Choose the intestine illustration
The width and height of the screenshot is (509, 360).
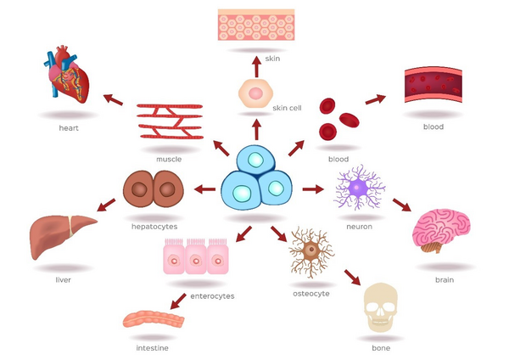pyautogui.click(x=153, y=320)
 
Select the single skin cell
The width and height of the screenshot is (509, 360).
pyautogui.click(x=255, y=93)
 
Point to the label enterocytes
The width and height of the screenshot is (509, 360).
pyautogui.click(x=212, y=296)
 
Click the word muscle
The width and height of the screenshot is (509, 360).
pyautogui.click(x=169, y=159)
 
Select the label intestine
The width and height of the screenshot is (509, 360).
pyautogui.click(x=152, y=348)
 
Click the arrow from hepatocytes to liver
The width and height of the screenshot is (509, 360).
pyautogui.click(x=106, y=205)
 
